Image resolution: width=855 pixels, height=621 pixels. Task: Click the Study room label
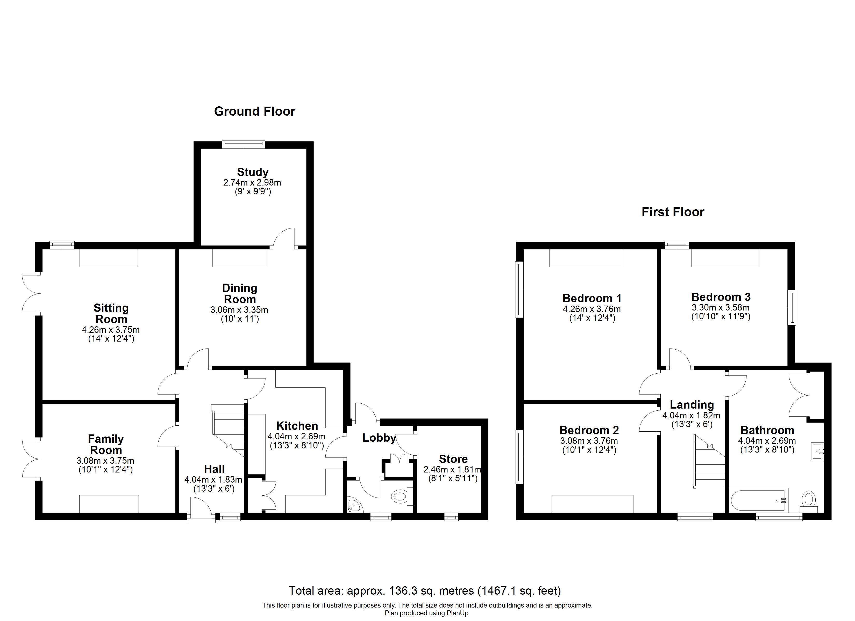pyautogui.click(x=253, y=172)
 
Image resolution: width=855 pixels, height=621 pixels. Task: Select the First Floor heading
pyautogui.click(x=673, y=212)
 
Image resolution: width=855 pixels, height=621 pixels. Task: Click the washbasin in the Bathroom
pyautogui.click(x=817, y=451)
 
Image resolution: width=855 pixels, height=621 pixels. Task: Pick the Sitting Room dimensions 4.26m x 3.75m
pyautogui.click(x=111, y=330)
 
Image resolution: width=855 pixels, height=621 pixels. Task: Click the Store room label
pyautogui.click(x=453, y=459)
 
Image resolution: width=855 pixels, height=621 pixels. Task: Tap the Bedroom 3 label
pyautogui.click(x=721, y=297)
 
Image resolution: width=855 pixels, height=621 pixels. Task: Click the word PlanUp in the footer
pyautogui.click(x=458, y=613)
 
